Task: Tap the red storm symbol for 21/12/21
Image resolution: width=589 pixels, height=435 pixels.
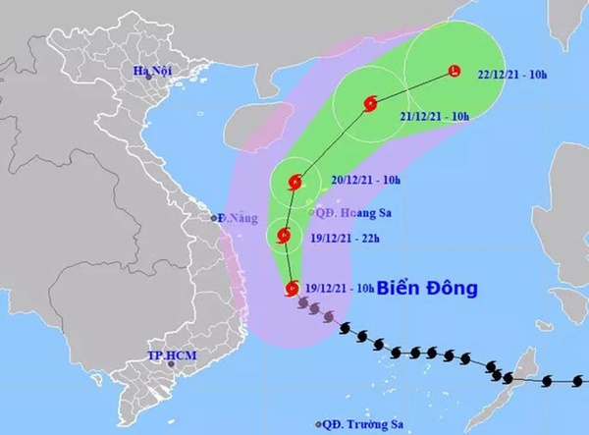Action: [x=371, y=103]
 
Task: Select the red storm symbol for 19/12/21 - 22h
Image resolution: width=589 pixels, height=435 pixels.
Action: [x=285, y=235]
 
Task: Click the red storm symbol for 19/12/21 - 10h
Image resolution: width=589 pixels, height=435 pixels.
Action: [x=292, y=287]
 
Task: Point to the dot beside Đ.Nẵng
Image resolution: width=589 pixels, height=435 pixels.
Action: [x=217, y=217]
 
